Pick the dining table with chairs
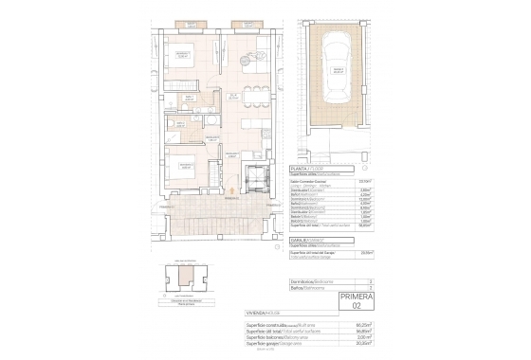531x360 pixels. point(255,96)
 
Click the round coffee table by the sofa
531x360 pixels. point(250,55)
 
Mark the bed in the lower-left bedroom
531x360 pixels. point(180,171)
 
